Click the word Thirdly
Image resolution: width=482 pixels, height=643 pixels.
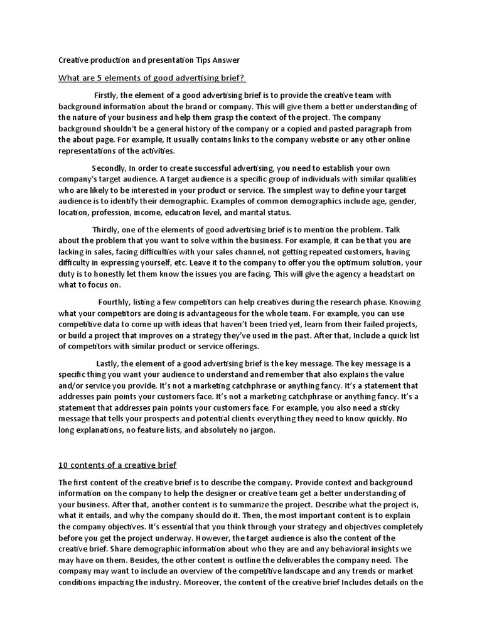pyautogui.click(x=106, y=230)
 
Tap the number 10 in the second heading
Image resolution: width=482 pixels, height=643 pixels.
pyautogui.click(x=63, y=465)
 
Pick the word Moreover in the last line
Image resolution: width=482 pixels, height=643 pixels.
pyautogui.click(x=202, y=580)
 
